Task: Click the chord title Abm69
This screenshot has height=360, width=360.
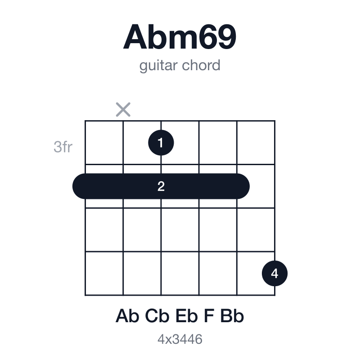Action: [x=180, y=37]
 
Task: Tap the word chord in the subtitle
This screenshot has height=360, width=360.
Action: [x=201, y=65]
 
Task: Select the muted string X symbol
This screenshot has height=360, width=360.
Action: [x=123, y=109]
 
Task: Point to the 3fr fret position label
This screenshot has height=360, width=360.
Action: [x=63, y=147]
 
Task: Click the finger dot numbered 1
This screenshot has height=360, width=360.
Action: [x=161, y=143]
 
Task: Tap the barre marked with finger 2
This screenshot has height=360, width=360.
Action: [x=161, y=186]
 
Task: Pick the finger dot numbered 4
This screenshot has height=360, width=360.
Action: [x=274, y=274]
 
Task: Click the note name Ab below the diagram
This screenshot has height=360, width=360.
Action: [x=127, y=316]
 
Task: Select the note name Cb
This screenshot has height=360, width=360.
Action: [x=157, y=316]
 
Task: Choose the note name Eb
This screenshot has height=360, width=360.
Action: [x=187, y=316]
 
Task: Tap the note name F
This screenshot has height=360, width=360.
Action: [x=209, y=316]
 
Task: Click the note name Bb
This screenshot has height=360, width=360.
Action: [x=232, y=316]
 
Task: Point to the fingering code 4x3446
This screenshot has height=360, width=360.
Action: [x=180, y=339]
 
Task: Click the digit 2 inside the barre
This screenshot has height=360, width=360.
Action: [x=161, y=186]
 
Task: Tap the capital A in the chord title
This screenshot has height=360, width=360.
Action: [x=135, y=37]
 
